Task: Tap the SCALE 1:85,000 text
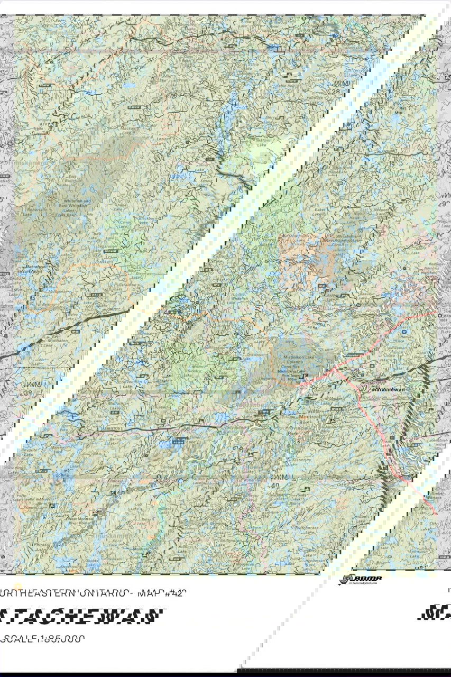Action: tap(42, 638)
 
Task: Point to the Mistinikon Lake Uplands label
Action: tap(290, 362)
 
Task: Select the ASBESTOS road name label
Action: tap(114, 427)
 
